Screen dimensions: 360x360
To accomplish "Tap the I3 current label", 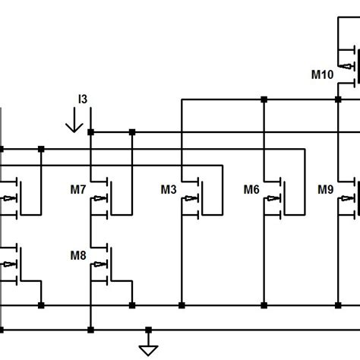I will [x=83, y=99].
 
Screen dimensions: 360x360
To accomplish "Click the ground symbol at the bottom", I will [x=149, y=346].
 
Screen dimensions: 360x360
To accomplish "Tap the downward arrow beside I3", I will [x=74, y=122].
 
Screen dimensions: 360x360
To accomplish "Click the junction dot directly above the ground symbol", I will [x=149, y=330].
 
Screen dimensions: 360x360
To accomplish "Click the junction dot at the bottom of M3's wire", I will [x=182, y=305].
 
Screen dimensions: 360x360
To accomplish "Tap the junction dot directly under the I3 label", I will [x=90, y=132].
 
